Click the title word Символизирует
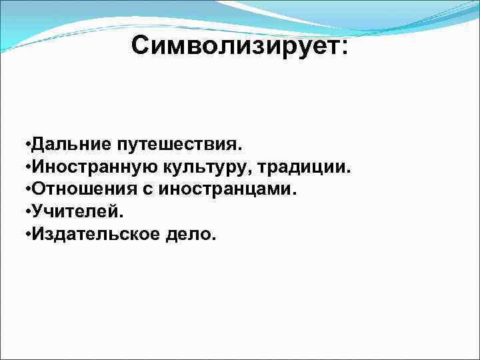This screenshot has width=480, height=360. (x=234, y=46)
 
